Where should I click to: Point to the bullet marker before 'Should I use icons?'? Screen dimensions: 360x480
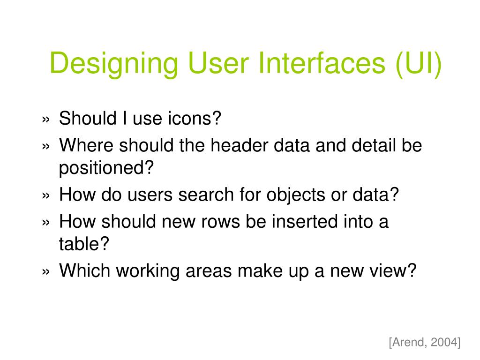click(45, 120)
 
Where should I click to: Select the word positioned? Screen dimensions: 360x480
click(106, 168)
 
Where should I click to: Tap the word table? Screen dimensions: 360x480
click(84, 244)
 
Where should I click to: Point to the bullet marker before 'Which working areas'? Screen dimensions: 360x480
click(45, 271)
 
